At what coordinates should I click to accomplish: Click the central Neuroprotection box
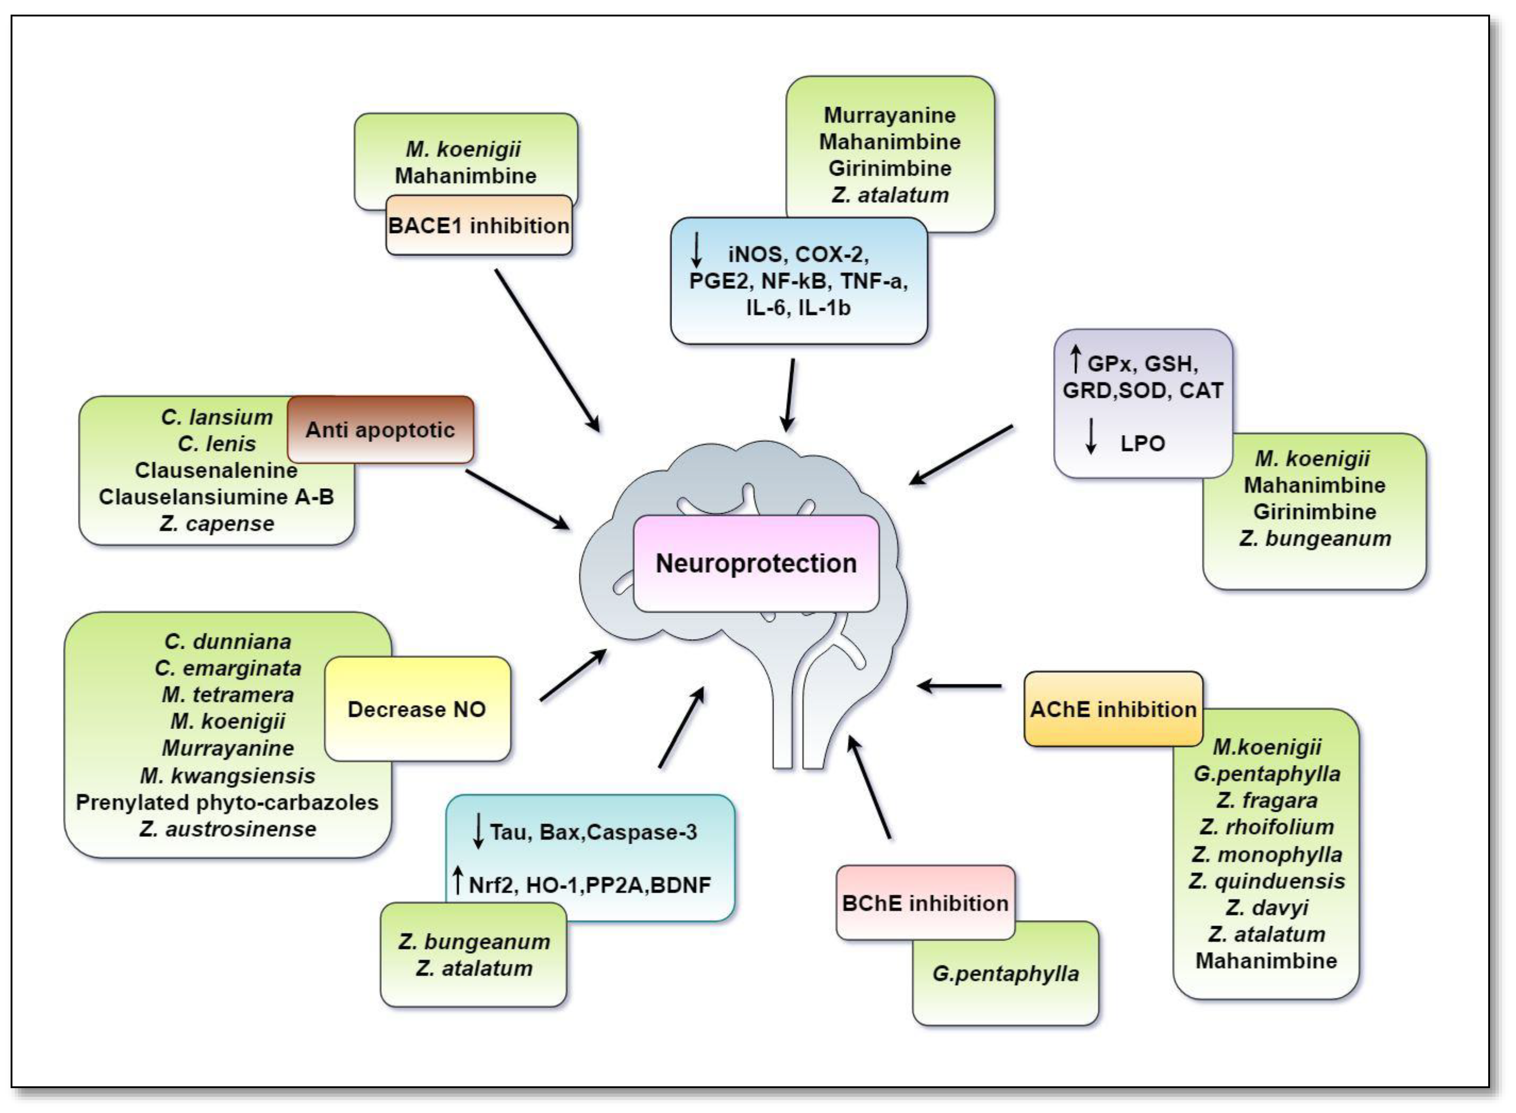click(x=756, y=563)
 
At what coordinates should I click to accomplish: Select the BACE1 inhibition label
click(x=478, y=226)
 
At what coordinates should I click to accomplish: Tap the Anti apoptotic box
click(x=380, y=430)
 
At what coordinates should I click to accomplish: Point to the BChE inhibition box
click(x=925, y=903)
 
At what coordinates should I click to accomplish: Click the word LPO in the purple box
click(x=1143, y=443)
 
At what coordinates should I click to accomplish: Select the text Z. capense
click(x=217, y=524)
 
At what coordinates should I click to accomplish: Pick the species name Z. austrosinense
click(x=228, y=829)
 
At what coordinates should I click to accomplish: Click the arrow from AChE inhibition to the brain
click(x=959, y=686)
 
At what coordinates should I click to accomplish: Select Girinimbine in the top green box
click(x=889, y=169)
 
